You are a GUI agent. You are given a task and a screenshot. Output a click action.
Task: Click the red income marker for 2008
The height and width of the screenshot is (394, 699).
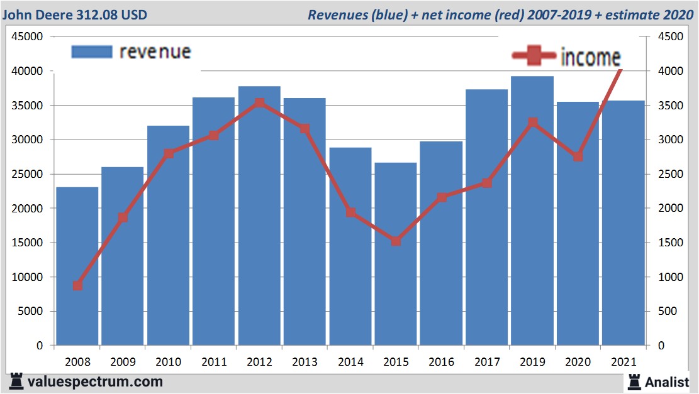pos(77,285)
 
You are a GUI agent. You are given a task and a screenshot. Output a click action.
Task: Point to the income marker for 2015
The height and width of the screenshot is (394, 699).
pos(396,241)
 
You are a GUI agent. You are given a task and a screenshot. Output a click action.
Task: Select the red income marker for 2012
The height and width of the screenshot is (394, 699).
pos(259,103)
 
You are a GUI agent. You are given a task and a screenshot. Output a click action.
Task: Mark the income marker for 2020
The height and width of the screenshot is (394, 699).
pos(578,156)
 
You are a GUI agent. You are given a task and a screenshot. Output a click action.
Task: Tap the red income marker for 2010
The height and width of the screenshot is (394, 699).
pos(169,153)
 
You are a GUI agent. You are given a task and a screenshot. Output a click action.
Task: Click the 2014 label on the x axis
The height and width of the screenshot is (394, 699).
pos(350,363)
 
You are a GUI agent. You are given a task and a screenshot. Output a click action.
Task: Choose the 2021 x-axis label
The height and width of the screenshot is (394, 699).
pos(624,363)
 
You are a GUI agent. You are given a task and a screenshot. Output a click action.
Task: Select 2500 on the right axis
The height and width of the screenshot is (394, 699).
pos(671,174)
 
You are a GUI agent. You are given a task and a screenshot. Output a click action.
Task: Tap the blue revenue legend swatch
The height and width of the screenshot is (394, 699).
pos(92,52)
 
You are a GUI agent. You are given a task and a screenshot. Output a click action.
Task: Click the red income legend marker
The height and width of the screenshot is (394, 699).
pos(534,57)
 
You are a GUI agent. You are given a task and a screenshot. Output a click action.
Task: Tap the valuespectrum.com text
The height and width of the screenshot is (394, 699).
pos(94,381)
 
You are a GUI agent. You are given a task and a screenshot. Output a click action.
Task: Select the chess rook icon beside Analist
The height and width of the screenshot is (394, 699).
pos(634,381)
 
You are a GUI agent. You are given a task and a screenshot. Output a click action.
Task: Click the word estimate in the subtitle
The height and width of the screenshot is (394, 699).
pos(631,14)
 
